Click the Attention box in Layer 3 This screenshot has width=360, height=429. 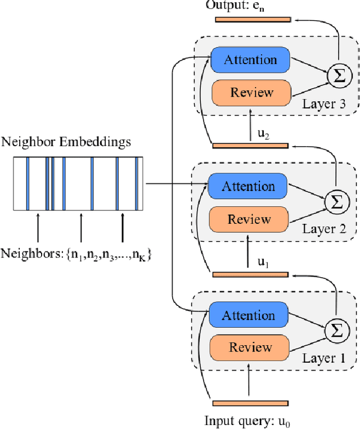pos(250,60)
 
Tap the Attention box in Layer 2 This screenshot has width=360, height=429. pos(248,186)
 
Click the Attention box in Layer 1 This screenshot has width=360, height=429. pos(248,315)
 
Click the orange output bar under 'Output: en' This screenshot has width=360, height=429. pos(253,20)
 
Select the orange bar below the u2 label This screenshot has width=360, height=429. pos(250,146)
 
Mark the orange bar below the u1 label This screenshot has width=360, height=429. pos(250,274)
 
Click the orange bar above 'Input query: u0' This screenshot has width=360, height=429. pos(250,403)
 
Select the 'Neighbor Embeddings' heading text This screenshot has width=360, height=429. pos(66,142)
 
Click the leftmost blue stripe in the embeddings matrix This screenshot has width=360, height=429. pos(28,182)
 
